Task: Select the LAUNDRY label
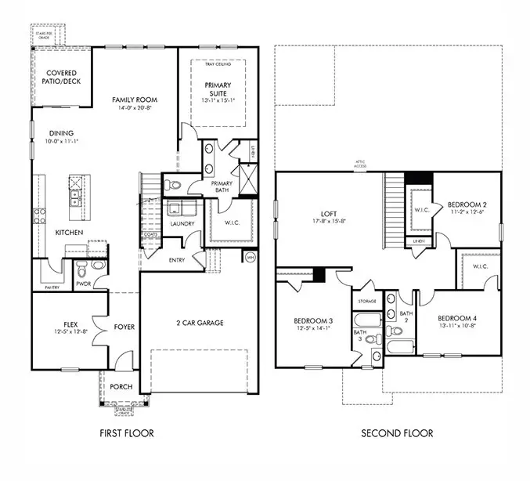pos(182,224)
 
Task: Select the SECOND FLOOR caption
pos(396,433)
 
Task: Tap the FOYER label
pos(124,327)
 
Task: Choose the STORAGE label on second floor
pos(368,301)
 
